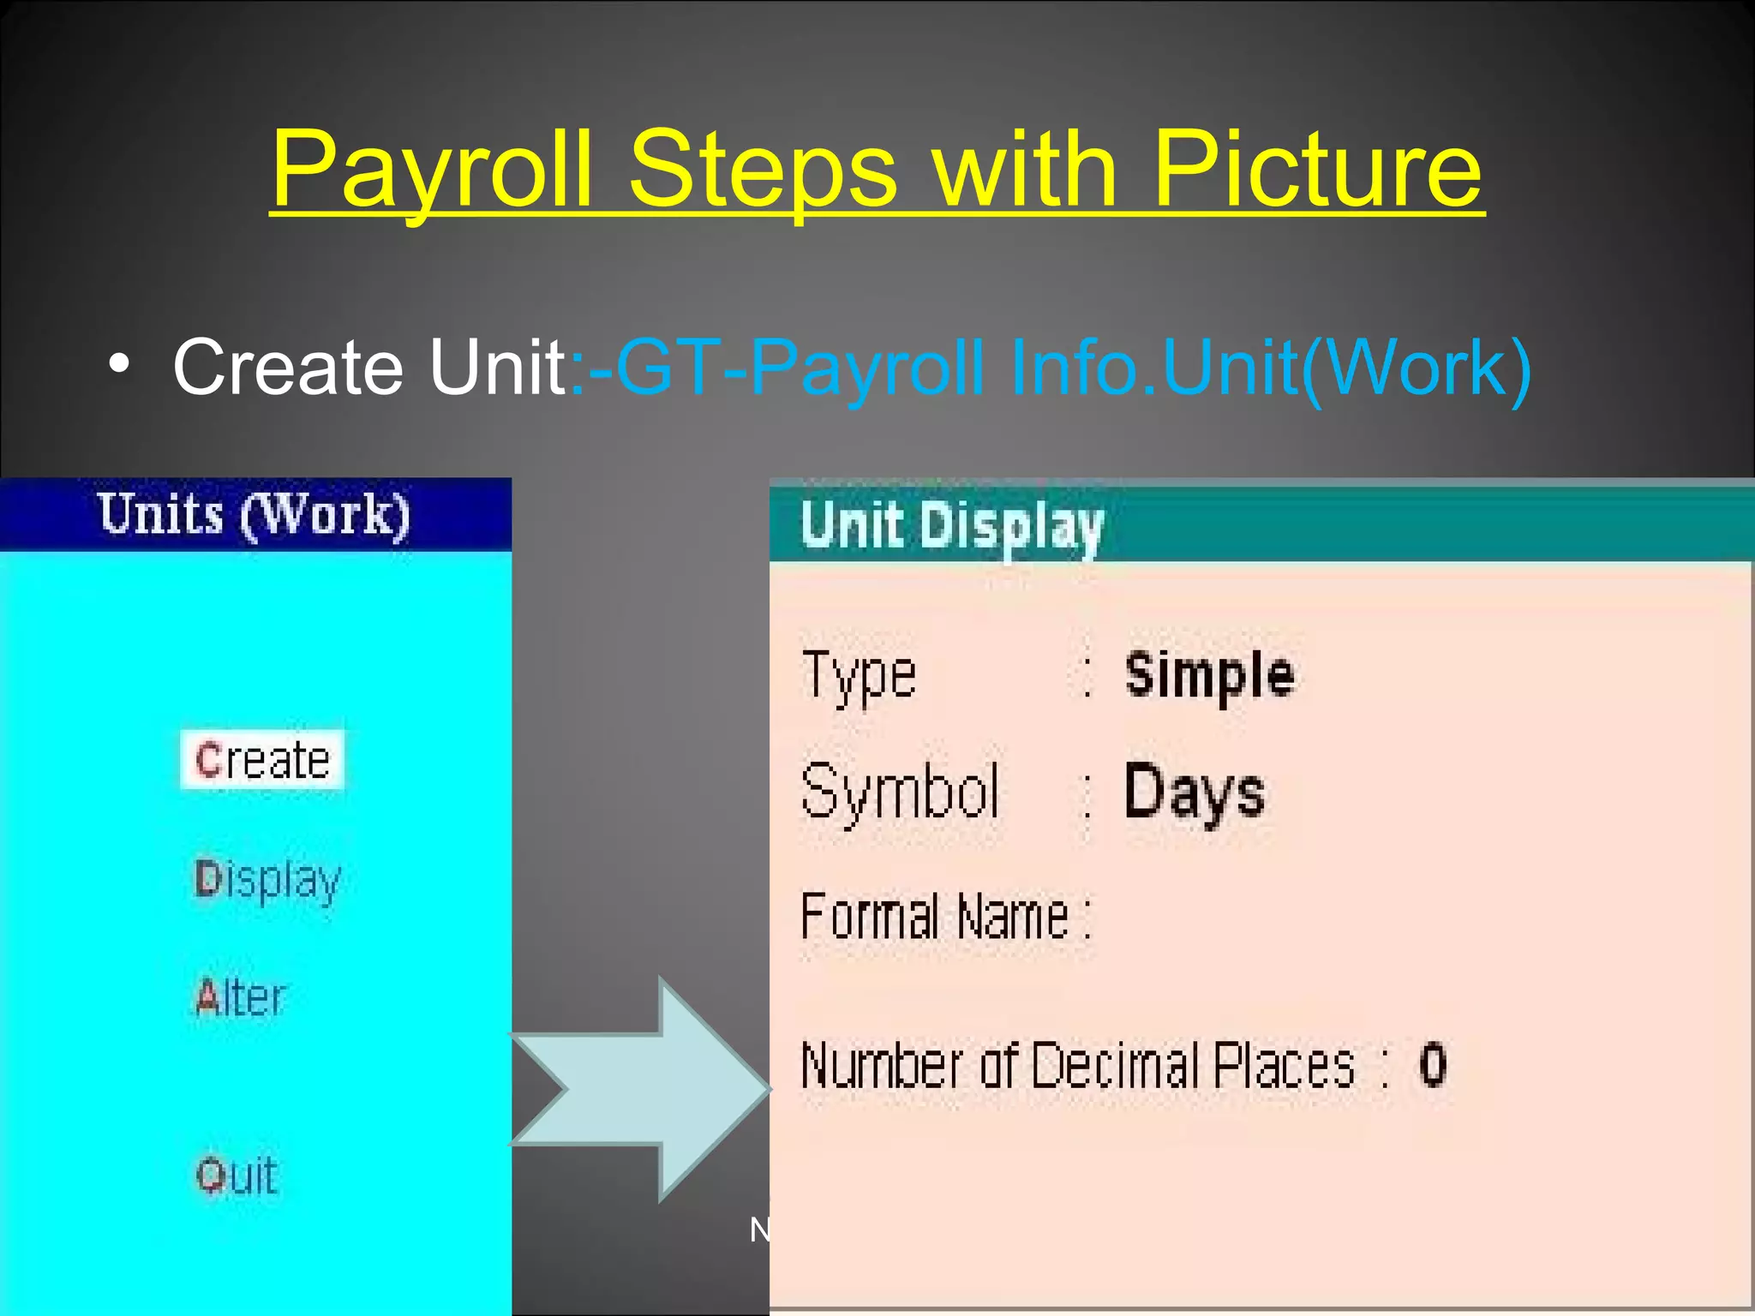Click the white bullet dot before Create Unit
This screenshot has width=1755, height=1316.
click(120, 364)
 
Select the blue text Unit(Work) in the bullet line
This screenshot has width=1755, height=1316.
click(1345, 368)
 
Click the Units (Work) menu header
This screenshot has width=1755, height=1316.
click(255, 515)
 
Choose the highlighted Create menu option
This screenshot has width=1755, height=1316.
click(262, 760)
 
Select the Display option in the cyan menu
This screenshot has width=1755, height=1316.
click(267, 880)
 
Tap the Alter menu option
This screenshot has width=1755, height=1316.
click(240, 997)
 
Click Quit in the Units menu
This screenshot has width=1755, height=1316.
click(237, 1175)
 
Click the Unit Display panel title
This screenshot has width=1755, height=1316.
click(951, 525)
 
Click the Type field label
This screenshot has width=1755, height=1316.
click(859, 675)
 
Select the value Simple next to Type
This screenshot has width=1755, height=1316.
click(1209, 675)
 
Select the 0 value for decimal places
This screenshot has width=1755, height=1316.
click(1433, 1065)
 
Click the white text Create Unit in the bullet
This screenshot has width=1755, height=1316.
click(368, 367)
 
